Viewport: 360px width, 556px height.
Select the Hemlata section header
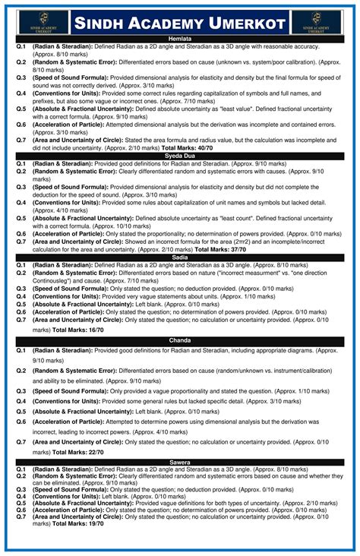click(x=179, y=38)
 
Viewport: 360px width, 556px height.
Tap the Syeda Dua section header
click(x=179, y=156)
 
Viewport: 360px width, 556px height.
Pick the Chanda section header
click(x=179, y=340)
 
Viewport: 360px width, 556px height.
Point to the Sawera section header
click(x=179, y=462)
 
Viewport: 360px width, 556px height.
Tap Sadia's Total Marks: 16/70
click(x=81, y=330)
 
